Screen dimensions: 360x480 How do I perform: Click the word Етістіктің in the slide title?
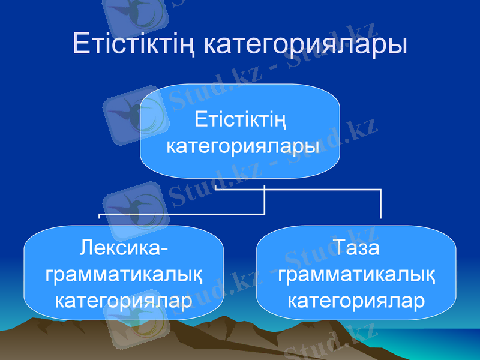click(x=134, y=45)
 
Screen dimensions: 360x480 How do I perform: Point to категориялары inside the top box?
click(x=240, y=146)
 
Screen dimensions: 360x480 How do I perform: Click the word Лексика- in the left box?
click(x=124, y=247)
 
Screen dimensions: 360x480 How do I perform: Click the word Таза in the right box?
click(x=356, y=247)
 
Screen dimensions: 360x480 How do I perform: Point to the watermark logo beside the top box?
click(x=129, y=114)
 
